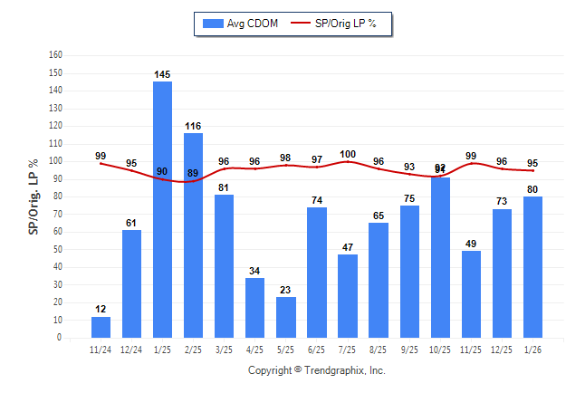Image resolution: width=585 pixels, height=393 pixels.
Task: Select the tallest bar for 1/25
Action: [x=162, y=209]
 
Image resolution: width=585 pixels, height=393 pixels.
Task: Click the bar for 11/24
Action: [x=101, y=327]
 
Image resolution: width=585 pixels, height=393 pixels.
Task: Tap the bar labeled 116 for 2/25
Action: [x=193, y=235]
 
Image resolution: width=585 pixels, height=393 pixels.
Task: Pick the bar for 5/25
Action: [x=285, y=317]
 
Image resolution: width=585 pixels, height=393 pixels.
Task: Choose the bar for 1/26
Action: [x=532, y=267]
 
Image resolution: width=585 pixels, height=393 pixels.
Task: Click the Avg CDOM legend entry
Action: [x=240, y=23]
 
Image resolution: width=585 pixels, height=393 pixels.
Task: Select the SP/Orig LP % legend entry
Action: [x=339, y=23]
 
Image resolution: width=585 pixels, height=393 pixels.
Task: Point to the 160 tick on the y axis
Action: [x=55, y=55]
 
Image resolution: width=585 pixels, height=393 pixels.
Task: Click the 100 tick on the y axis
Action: [x=55, y=161]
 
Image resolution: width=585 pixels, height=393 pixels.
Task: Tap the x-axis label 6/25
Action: [x=316, y=350]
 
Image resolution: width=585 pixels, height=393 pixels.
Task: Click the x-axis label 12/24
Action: [x=131, y=350]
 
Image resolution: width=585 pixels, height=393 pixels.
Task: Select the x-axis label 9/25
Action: [x=408, y=350]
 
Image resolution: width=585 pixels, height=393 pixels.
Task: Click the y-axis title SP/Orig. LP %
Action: [x=34, y=196]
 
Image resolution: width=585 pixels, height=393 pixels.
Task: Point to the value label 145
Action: [x=162, y=74]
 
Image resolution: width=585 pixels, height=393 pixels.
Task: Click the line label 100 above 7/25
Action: [x=348, y=154]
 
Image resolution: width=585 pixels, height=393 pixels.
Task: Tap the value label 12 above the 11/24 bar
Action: [x=101, y=310]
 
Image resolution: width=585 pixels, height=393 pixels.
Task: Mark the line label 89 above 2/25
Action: [x=193, y=173]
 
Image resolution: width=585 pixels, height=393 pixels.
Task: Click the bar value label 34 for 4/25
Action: [x=254, y=271]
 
